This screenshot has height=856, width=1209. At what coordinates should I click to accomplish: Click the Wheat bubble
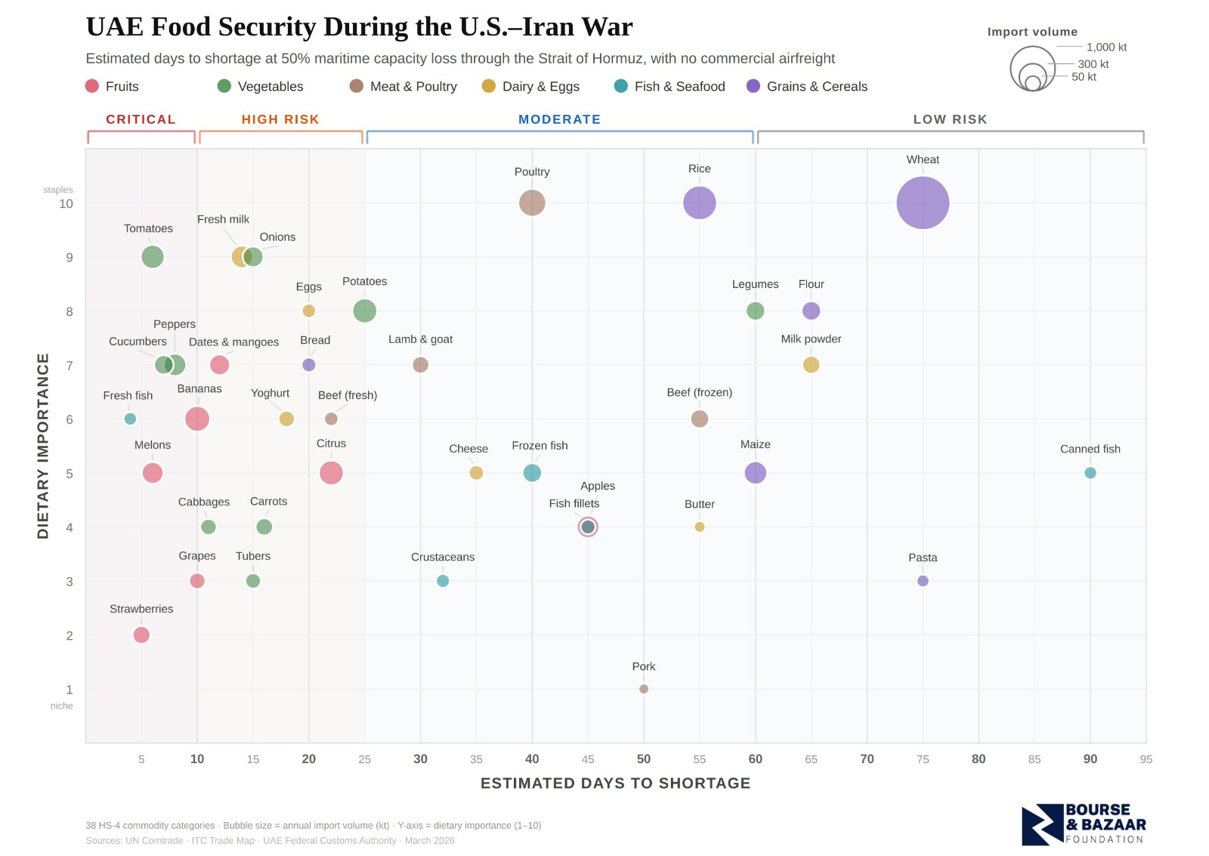923,202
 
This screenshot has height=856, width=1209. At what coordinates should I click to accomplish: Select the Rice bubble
699,202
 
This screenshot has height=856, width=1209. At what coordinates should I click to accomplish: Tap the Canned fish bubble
1090,473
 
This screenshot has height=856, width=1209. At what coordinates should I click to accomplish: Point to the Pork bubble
644,689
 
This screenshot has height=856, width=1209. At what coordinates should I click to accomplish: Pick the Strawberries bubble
141,635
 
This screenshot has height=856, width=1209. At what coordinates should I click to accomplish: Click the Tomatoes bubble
153,257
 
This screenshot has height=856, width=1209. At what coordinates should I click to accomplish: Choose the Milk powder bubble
811,365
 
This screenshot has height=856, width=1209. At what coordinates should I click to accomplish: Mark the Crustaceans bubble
443,581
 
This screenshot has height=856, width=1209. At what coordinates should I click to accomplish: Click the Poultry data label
532,172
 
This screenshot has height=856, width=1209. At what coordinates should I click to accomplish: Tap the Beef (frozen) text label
699,392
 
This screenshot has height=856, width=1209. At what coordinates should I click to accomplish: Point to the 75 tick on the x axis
923,759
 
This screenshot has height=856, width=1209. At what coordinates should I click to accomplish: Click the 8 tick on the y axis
70,311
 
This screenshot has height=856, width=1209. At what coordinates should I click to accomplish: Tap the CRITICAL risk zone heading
141,119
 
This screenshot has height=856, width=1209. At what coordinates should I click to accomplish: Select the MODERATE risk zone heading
559,119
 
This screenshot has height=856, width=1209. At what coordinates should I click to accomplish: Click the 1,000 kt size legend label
1106,47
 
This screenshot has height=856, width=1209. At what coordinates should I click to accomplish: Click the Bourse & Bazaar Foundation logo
1083,824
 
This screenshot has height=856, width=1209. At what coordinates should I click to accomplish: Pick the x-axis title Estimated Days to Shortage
615,783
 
